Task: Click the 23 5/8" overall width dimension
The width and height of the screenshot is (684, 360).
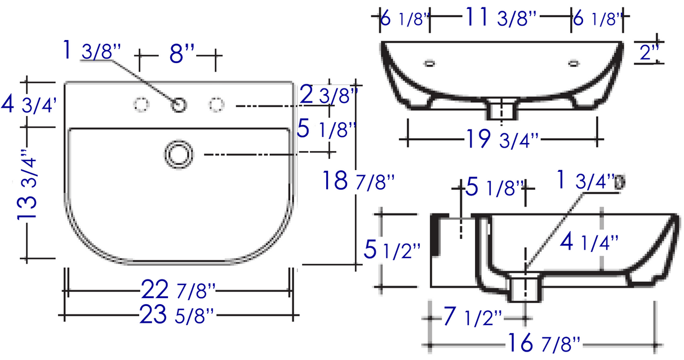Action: pyautogui.click(x=177, y=314)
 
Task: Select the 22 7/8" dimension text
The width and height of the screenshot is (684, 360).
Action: pyautogui.click(x=179, y=289)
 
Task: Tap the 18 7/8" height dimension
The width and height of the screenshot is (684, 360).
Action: pyautogui.click(x=358, y=180)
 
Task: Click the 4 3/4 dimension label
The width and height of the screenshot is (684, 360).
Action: pyautogui.click(x=29, y=104)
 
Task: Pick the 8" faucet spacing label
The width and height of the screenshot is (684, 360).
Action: pyautogui.click(x=182, y=54)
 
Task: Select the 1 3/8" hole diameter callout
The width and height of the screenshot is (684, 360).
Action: pyautogui.click(x=92, y=50)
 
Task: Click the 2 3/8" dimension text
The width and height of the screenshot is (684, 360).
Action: pyautogui.click(x=329, y=94)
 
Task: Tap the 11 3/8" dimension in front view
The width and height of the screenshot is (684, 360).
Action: pyautogui.click(x=500, y=17)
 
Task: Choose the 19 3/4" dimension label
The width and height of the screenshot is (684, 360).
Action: pyautogui.click(x=503, y=139)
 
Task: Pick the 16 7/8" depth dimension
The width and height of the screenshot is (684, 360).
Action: pyautogui.click(x=544, y=343)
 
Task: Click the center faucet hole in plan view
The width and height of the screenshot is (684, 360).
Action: pyautogui.click(x=179, y=105)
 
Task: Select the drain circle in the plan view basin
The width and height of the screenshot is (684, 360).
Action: pyautogui.click(x=179, y=154)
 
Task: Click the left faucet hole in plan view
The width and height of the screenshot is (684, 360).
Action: pyautogui.click(x=141, y=105)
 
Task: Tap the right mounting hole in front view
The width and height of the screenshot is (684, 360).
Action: pyautogui.click(x=574, y=64)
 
